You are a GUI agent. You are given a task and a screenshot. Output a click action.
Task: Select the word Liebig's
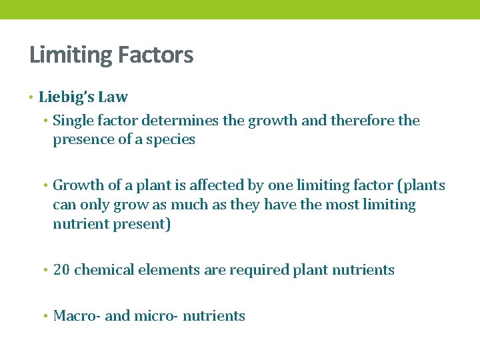[x=67, y=97]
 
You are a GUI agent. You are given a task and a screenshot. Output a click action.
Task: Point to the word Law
[x=113, y=97]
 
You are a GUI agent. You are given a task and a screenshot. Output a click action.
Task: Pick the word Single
[x=74, y=121]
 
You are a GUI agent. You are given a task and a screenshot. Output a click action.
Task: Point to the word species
[x=173, y=140]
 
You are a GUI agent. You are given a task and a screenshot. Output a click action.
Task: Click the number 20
[x=61, y=270]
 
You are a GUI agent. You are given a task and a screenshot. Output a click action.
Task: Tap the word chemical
[x=103, y=270]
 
